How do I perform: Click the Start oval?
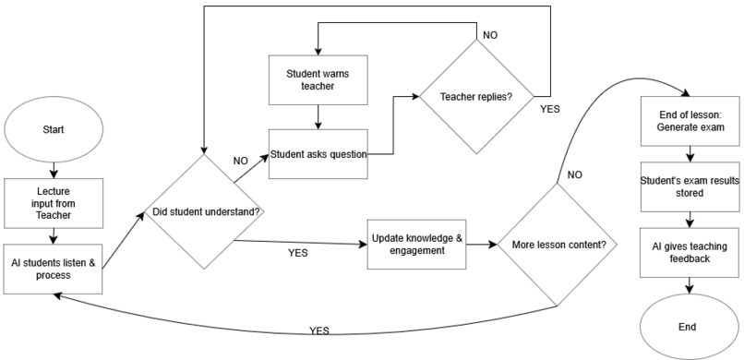coord(53,130)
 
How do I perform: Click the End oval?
coord(687,326)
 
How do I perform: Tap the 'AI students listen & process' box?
coord(53,269)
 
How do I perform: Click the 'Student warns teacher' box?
coord(318,78)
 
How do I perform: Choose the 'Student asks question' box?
coord(318,153)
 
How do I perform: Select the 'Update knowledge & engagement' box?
coord(414,245)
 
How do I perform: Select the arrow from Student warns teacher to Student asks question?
coord(318,115)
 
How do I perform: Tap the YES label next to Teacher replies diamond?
coord(550,108)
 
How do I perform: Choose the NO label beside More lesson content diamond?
coord(575,174)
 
